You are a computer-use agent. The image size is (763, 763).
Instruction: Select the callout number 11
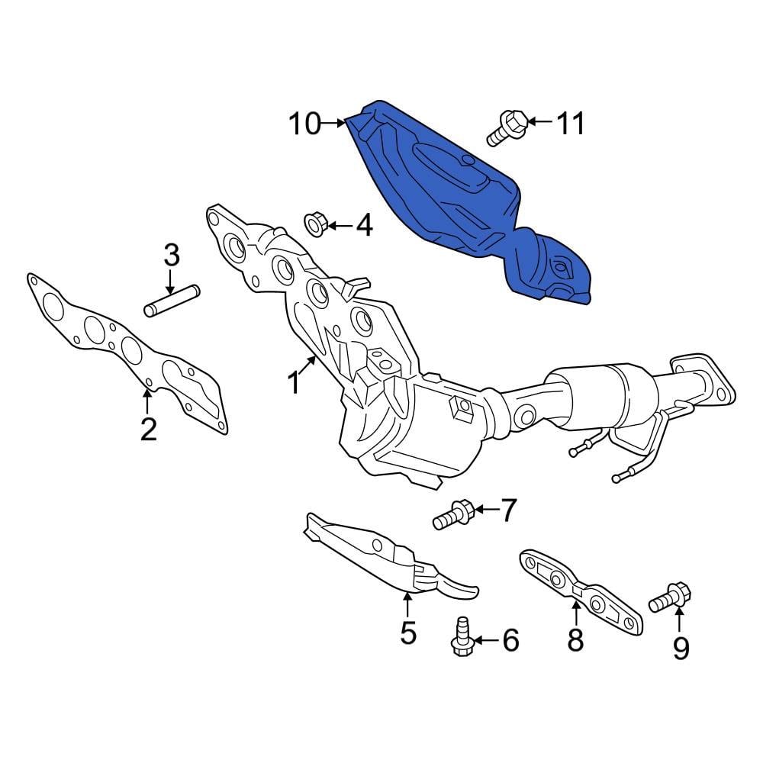pyautogui.click(x=570, y=122)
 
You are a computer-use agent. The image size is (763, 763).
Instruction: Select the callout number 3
pyautogui.click(x=172, y=254)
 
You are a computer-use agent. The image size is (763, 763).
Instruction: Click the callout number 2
pyautogui.click(x=148, y=430)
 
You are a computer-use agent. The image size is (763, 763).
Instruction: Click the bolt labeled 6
pyautogui.click(x=462, y=636)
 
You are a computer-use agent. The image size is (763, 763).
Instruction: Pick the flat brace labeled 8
pyautogui.click(x=580, y=591)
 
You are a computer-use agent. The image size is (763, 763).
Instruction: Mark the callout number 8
pyautogui.click(x=575, y=639)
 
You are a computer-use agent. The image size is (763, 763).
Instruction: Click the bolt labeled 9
pyautogui.click(x=669, y=597)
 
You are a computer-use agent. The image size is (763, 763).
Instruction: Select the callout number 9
pyautogui.click(x=680, y=648)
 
